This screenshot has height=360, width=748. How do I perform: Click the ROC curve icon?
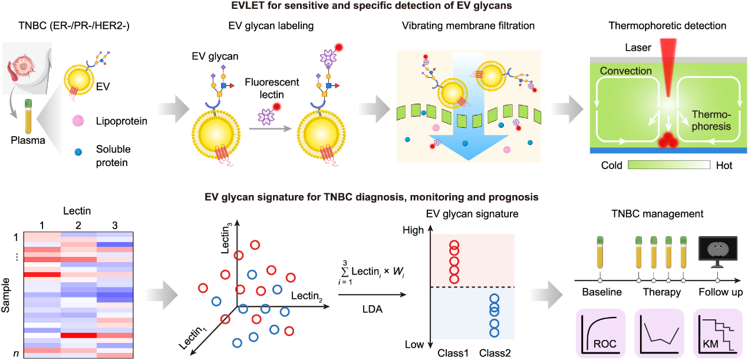601,333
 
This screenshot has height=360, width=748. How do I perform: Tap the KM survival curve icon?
718,333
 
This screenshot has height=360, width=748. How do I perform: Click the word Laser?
638,48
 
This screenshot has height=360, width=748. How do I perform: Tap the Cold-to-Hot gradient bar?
669,165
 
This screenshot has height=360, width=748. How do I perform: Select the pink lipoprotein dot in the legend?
78,121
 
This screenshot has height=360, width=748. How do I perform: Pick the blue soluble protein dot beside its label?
78,152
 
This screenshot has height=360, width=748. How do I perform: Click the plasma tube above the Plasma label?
28,116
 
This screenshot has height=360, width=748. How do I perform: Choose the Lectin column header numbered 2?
78,226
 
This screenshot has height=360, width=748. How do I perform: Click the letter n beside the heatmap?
16,354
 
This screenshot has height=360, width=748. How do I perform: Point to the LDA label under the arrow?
373,309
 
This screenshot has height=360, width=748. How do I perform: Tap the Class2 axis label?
495,353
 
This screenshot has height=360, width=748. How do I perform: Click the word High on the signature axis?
413,230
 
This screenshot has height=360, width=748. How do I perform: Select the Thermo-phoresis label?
711,120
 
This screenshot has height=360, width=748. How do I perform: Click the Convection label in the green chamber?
626,71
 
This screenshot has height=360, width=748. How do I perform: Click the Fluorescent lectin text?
272,88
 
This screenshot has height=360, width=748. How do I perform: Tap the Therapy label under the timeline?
662,292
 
